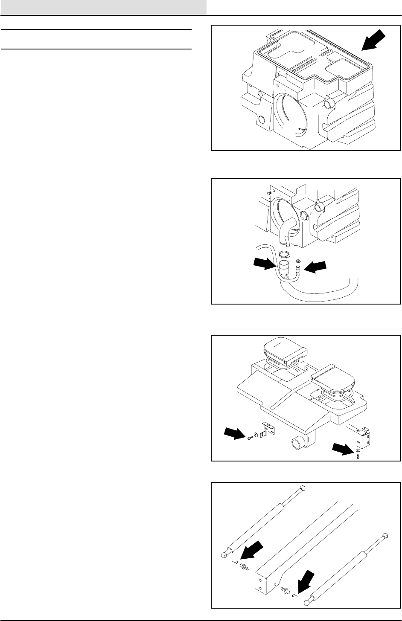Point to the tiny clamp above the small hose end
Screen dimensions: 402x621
[298, 258]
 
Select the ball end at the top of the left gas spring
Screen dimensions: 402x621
[303, 487]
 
